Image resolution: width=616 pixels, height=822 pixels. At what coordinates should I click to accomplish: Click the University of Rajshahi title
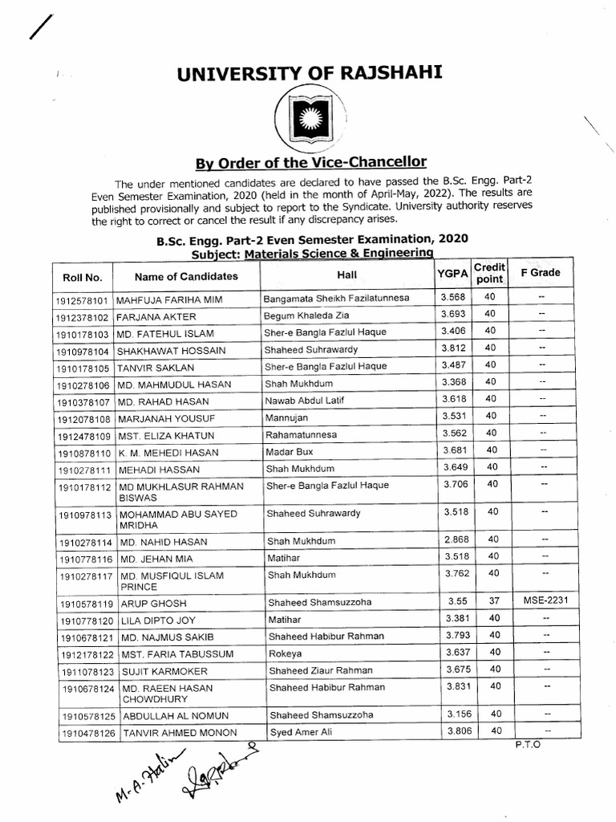(309, 75)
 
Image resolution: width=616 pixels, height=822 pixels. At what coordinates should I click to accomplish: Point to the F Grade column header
(541, 273)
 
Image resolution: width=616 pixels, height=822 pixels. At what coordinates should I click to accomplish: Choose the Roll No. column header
(83, 278)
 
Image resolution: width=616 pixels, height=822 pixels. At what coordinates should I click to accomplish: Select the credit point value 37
(493, 601)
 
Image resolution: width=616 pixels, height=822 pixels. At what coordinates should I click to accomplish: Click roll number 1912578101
(83, 300)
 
